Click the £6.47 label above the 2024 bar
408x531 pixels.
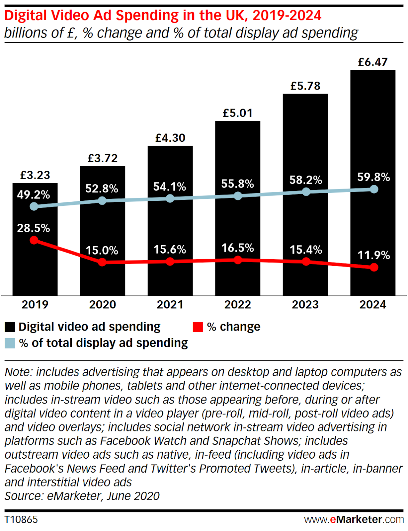coord(372,62)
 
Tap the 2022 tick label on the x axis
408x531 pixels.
coord(237,304)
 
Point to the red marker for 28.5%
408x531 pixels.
coord(34,240)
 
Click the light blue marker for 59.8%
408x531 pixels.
coord(374,189)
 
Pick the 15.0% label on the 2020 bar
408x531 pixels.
coord(102,250)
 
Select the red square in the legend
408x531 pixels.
coord(198,327)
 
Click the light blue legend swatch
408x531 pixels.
coord(10,343)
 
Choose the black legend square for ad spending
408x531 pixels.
coord(10,327)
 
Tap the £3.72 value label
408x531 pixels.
coord(103,158)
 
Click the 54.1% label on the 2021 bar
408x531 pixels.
coord(170,187)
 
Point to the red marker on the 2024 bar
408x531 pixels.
coord(374,267)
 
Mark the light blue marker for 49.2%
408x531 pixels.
coord(34,206)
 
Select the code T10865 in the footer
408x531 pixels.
coord(21,519)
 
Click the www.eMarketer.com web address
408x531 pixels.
coord(354,519)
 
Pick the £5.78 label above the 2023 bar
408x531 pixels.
coord(305,86)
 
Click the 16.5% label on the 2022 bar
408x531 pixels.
coord(238,248)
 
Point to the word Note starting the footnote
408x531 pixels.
coord(18,372)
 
